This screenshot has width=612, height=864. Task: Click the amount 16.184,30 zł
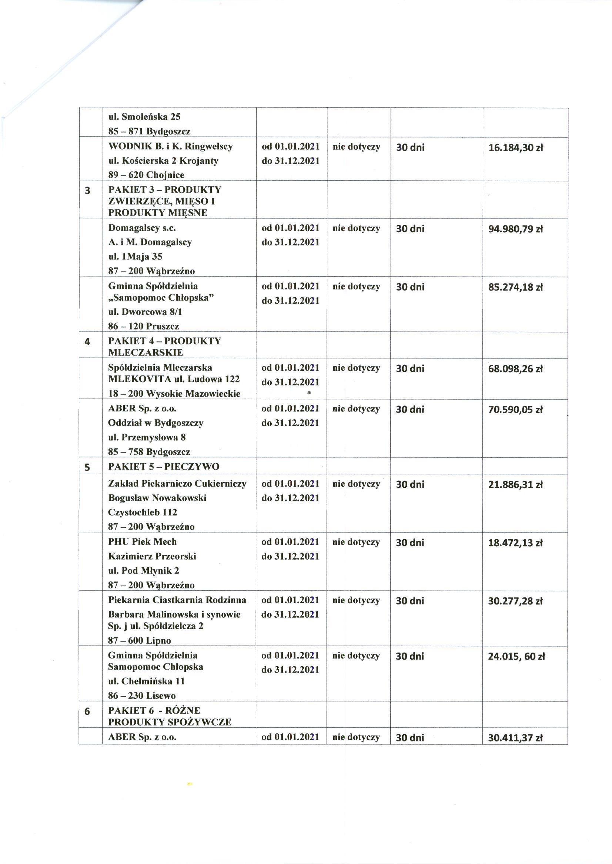point(515,148)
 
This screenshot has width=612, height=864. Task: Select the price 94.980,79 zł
point(515,229)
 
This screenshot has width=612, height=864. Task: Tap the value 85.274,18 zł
point(515,287)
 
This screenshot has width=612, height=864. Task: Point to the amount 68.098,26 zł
point(515,368)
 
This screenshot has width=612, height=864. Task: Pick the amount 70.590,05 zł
point(515,410)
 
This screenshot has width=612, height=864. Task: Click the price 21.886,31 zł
point(515,484)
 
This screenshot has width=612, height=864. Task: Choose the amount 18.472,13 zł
point(515,543)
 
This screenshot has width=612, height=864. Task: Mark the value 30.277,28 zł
point(515,601)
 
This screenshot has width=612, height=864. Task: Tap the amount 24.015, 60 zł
point(516,656)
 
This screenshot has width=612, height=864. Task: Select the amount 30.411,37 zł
point(515,738)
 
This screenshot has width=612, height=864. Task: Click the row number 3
point(87,191)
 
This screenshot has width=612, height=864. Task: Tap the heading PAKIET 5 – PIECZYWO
point(164,467)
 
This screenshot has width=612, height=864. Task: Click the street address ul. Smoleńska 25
point(144,117)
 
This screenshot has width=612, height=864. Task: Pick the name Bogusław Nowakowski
point(157,498)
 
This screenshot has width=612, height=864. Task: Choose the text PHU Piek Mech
point(142,542)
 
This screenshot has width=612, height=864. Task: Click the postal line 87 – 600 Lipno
point(140,640)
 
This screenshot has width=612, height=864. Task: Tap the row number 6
point(87,712)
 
